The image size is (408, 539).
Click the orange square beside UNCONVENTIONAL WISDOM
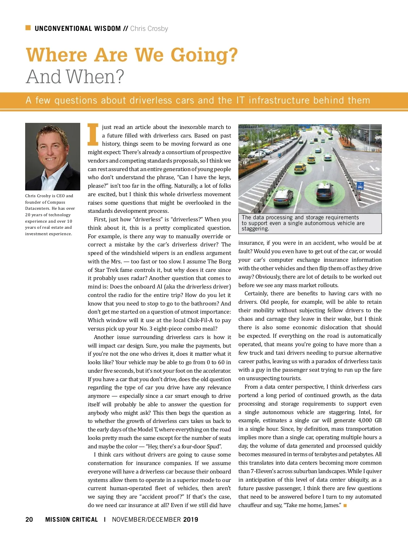(28, 28)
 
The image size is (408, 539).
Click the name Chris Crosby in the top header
(149, 29)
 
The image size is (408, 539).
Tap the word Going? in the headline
(204, 55)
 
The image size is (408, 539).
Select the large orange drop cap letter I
(93, 134)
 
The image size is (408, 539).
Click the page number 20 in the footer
(29, 519)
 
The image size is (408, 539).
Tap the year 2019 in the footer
(190, 519)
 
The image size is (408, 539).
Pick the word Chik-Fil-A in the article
(197, 320)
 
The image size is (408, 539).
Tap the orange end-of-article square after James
(345, 505)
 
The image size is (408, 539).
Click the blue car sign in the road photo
(361, 186)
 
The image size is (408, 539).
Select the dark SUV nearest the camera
(325, 192)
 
